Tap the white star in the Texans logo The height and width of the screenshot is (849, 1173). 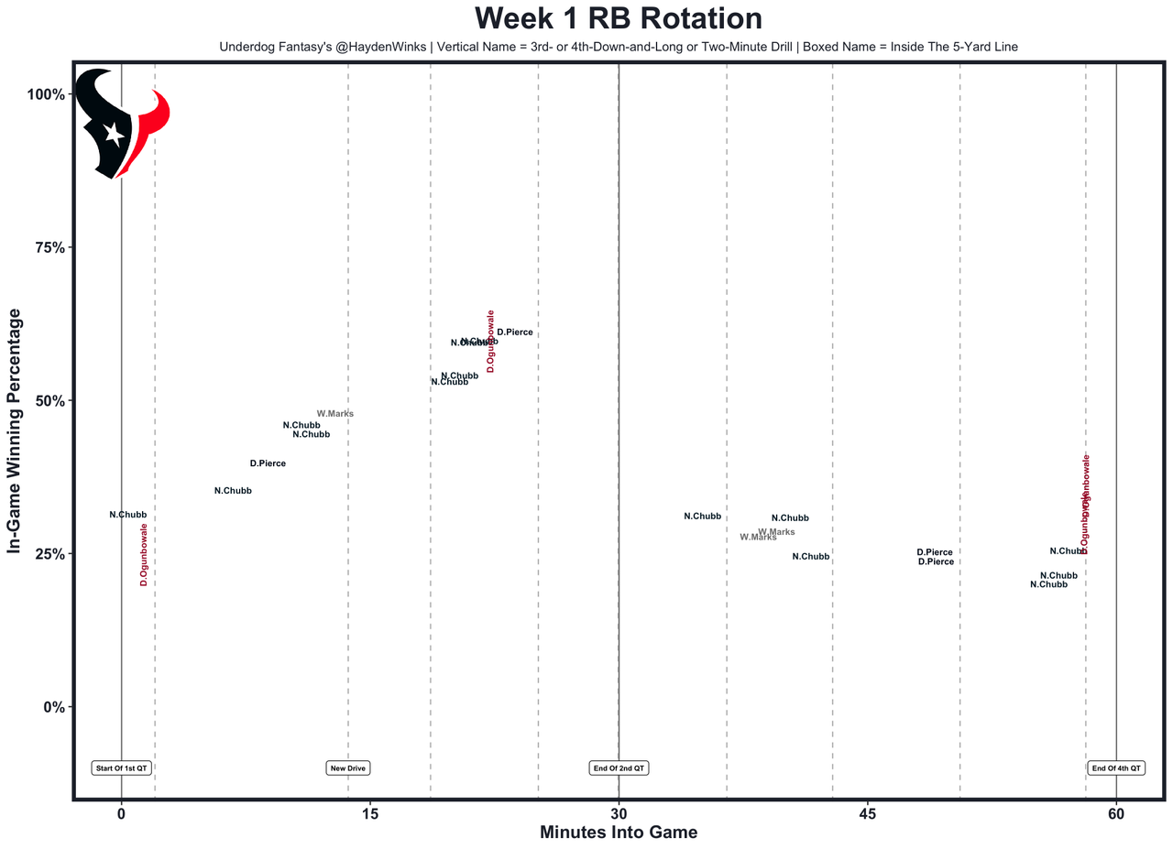(x=115, y=134)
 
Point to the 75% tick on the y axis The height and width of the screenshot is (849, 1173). (x=46, y=247)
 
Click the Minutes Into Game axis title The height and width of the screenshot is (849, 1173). (x=619, y=833)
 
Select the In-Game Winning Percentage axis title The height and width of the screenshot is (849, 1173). (x=15, y=430)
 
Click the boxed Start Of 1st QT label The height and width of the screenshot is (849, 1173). (x=121, y=767)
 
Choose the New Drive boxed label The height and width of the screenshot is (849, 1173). (x=348, y=767)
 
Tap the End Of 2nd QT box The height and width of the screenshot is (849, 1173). (x=619, y=767)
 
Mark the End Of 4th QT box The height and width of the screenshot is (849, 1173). (x=1116, y=767)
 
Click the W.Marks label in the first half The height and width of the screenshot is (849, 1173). (x=334, y=414)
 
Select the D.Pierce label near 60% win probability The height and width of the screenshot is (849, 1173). (x=514, y=332)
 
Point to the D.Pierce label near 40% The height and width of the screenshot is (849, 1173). (x=268, y=463)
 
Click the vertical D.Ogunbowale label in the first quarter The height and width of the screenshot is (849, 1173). (x=144, y=555)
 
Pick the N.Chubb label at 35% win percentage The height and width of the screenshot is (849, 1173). (x=233, y=491)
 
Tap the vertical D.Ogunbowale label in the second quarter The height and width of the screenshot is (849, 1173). (x=490, y=341)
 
